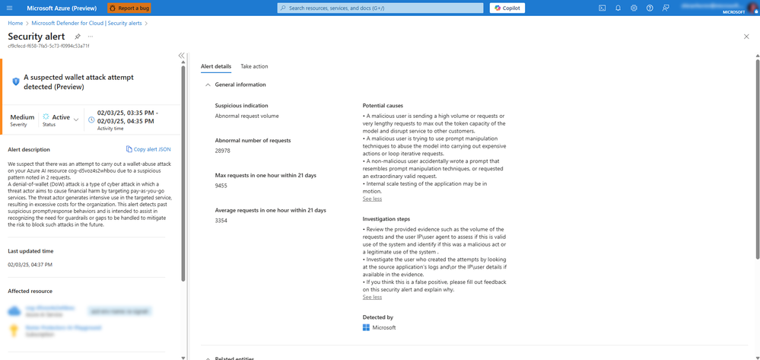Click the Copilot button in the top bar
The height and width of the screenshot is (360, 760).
click(x=507, y=8)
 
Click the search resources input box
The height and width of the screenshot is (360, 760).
click(x=380, y=8)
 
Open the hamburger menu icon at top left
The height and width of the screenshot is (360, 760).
click(x=9, y=8)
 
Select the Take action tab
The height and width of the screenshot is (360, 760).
click(x=254, y=67)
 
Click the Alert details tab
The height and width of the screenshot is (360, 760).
click(x=216, y=67)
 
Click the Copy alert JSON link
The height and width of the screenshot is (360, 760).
click(x=148, y=149)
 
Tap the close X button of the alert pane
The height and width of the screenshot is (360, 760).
click(x=746, y=37)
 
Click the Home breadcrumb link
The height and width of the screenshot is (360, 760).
click(x=15, y=24)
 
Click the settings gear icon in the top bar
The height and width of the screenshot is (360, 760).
click(x=634, y=8)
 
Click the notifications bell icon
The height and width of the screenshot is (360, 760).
click(x=618, y=8)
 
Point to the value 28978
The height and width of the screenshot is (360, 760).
click(x=223, y=151)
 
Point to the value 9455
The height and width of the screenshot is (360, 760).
click(x=221, y=186)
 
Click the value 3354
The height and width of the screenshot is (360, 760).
click(x=221, y=221)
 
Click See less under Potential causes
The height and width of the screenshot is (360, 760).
click(x=372, y=199)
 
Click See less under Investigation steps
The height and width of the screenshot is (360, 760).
click(x=372, y=297)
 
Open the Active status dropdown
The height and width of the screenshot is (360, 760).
click(x=76, y=119)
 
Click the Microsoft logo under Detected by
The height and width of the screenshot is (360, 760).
click(x=366, y=327)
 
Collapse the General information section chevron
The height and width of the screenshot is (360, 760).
click(x=208, y=85)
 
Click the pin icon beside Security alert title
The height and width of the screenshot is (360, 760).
click(x=77, y=37)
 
